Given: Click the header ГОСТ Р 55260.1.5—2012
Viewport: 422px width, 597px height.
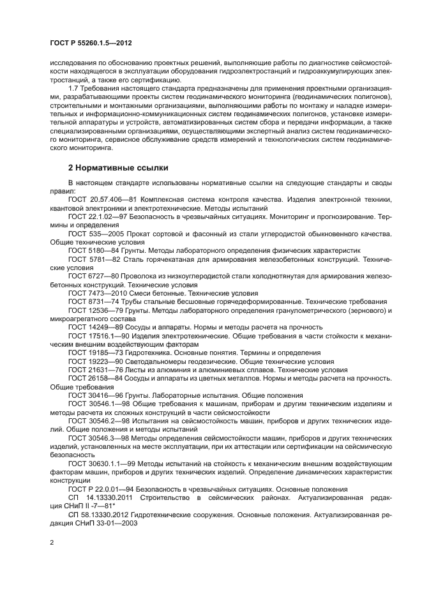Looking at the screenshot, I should [94, 42].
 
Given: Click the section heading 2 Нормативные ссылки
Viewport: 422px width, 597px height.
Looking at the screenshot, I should [118, 168].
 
